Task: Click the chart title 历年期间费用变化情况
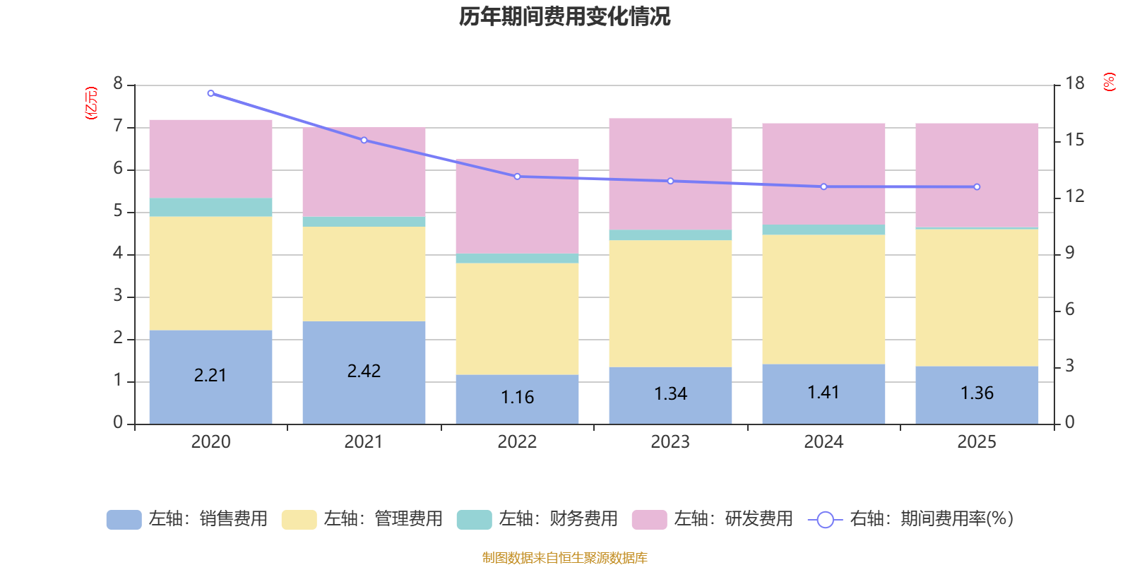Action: pos(564,16)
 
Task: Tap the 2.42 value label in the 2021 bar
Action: pos(364,371)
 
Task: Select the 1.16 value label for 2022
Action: pos(517,398)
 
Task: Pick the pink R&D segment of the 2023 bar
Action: pos(670,174)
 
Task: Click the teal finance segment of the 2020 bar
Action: pos(210,207)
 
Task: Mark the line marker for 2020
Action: pos(210,93)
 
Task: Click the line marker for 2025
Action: pos(977,187)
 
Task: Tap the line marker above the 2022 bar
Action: pos(517,177)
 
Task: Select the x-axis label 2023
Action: pos(670,442)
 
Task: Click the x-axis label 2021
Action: pos(364,442)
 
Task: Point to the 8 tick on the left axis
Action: pos(118,84)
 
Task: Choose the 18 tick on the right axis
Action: pos(1074,84)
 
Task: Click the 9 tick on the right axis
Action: pos(1069,253)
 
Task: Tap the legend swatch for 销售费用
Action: pos(124,520)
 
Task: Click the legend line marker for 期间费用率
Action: pos(825,520)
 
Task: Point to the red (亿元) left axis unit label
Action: pos(91,103)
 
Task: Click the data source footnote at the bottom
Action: pos(564,558)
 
